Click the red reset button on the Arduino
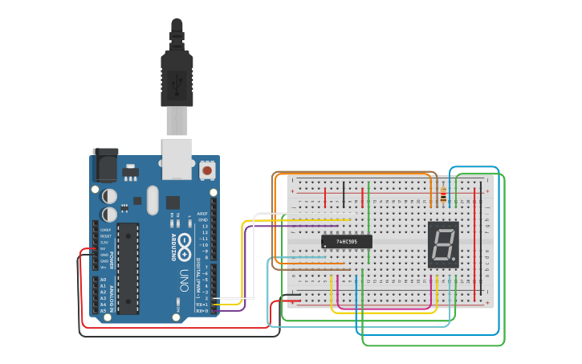tap(207, 170)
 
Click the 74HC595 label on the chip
tap(347, 241)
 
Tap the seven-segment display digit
tap(443, 244)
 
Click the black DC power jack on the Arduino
tap(105, 166)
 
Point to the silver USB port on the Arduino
tap(177, 157)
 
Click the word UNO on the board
tap(185, 280)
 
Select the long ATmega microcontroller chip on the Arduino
tap(128, 268)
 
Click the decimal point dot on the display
tap(455, 263)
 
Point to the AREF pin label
tap(202, 214)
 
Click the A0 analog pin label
tap(102, 280)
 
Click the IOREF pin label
tap(105, 230)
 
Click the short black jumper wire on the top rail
tap(344, 194)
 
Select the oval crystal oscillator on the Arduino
tap(153, 201)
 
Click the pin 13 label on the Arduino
tap(204, 227)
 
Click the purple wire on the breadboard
tap(297, 226)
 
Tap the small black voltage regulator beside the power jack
tap(130, 172)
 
